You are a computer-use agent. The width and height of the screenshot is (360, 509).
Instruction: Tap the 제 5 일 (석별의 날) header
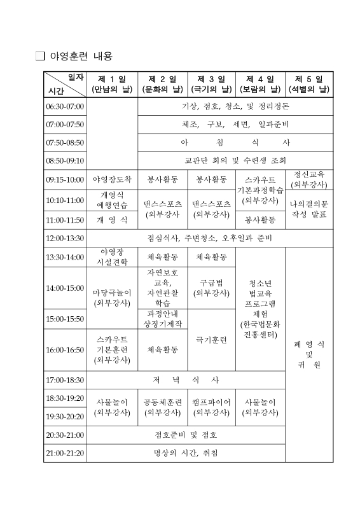309,84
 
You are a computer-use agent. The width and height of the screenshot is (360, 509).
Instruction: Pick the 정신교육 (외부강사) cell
309,179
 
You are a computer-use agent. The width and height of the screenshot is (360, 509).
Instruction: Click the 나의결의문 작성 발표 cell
309,209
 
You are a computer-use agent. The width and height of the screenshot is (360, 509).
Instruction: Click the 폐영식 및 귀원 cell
309,354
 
